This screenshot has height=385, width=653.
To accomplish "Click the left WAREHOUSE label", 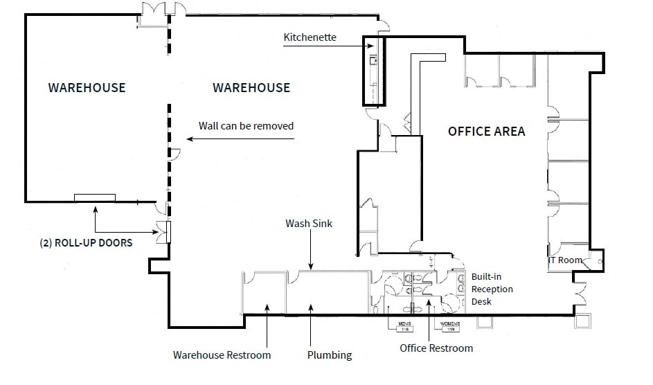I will tap(87, 88).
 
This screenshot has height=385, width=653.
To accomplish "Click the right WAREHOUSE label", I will tap(251, 88).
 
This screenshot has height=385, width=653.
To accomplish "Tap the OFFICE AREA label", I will tap(486, 132).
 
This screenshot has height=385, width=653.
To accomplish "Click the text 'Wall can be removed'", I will tap(246, 126).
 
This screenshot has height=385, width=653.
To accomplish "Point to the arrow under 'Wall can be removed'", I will tap(240, 139).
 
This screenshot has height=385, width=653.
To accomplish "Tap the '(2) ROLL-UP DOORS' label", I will tap(87, 243).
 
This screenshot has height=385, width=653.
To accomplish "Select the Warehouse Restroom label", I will tap(222, 355).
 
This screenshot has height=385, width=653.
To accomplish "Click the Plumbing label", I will tap(330, 355).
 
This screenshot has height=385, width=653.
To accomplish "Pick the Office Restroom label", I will tap(436, 348).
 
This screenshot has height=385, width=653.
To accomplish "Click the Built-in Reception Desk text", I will tap(492, 289).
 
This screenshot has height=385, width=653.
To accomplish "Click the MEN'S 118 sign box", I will tap(404, 325).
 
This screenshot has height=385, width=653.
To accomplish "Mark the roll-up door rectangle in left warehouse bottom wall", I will tap(95, 198).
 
